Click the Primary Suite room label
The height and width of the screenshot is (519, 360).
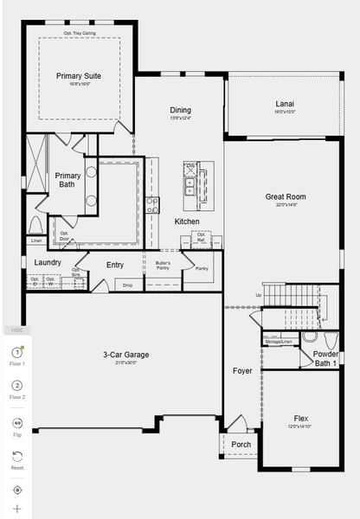(79, 76)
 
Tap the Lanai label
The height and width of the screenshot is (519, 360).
(285, 104)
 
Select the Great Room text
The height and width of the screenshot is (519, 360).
(285, 196)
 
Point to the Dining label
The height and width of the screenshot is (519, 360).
(180, 110)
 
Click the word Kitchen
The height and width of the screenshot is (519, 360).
(187, 221)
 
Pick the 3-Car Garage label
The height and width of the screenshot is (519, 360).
(126, 354)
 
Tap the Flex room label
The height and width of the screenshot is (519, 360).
(300, 418)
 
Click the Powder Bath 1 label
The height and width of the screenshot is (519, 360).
(325, 358)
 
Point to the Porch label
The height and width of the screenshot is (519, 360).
(241, 445)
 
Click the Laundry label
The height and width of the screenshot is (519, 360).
(48, 262)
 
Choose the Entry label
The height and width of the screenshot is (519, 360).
(115, 265)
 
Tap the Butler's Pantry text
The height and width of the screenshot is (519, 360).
(163, 265)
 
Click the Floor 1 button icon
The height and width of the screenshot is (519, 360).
(17, 352)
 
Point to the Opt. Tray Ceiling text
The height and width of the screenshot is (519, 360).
(80, 33)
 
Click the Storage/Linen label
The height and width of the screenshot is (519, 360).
(280, 342)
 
